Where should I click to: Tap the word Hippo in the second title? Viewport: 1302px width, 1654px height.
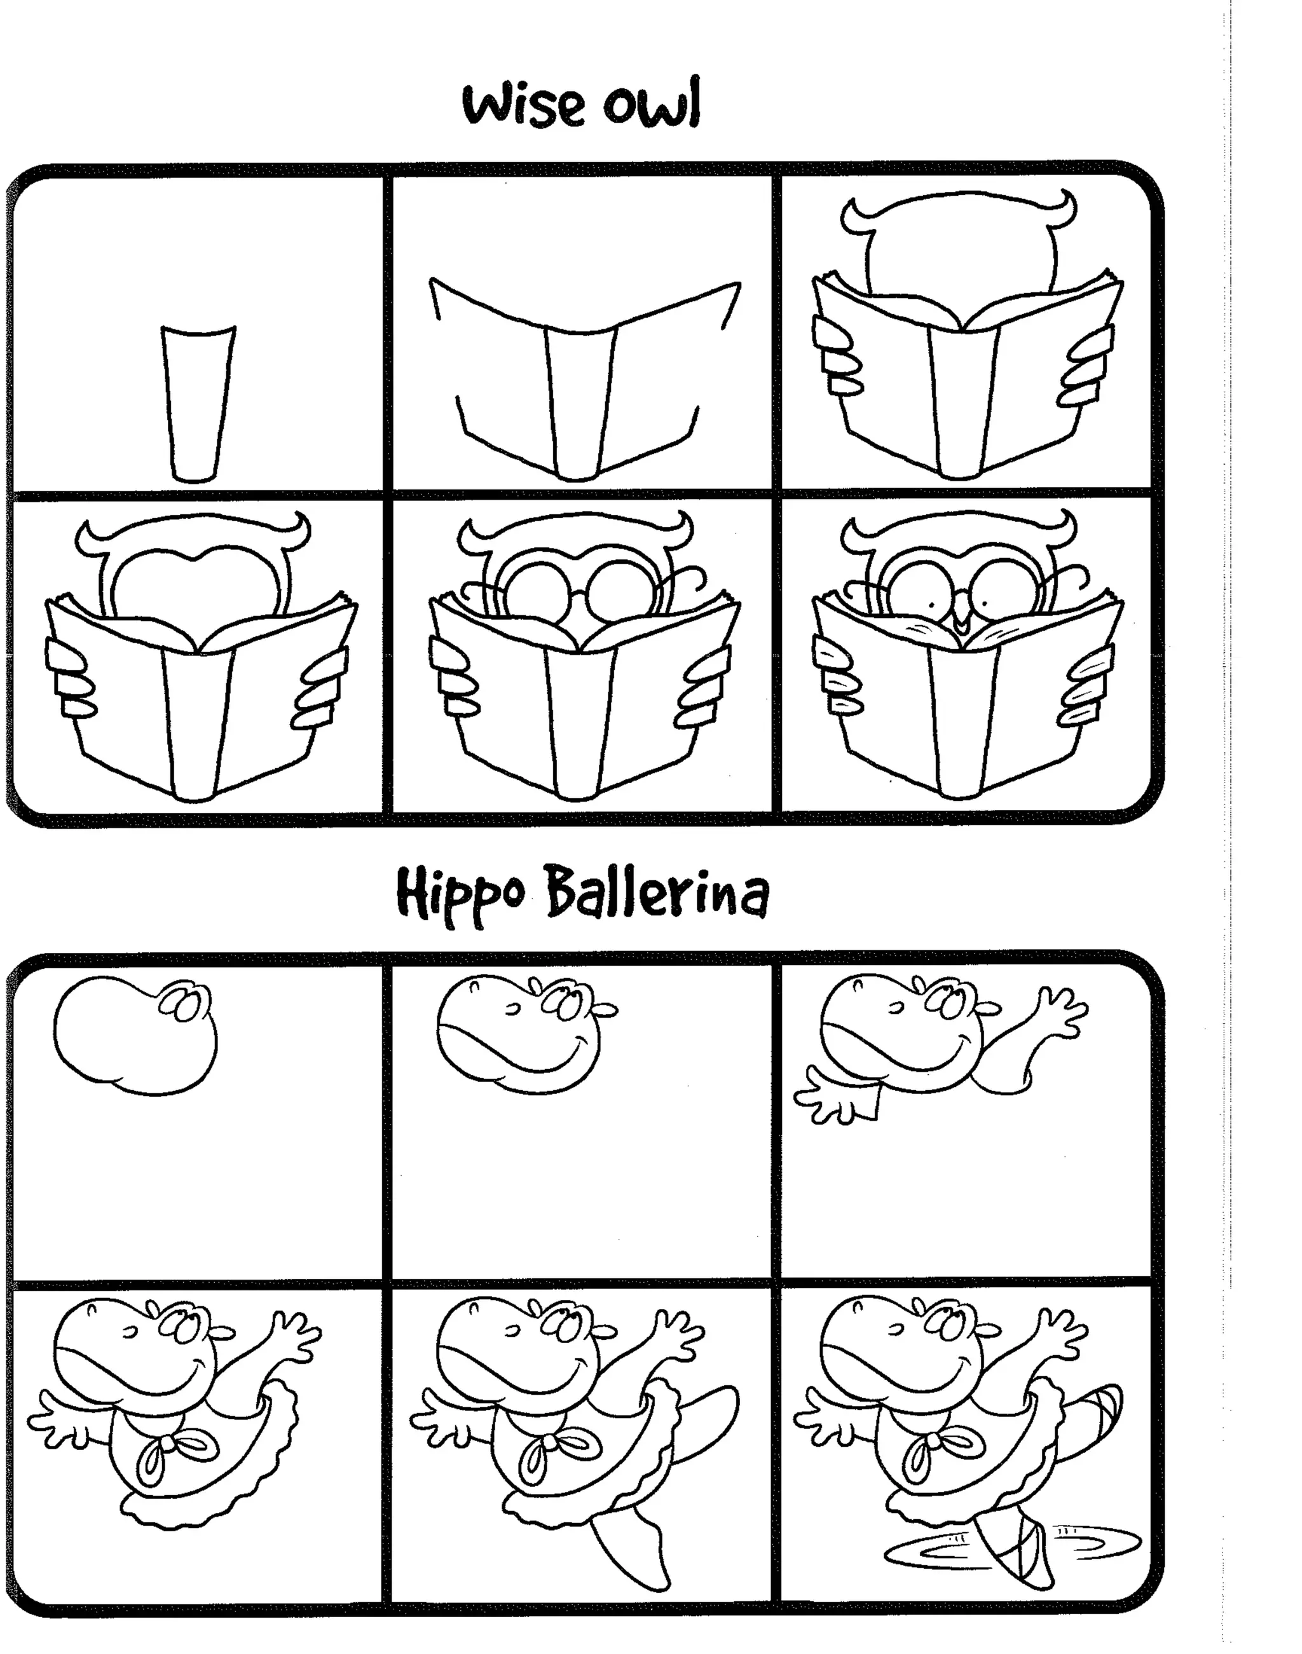[x=460, y=894]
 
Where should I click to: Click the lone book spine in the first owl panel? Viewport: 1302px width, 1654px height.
[x=198, y=404]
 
